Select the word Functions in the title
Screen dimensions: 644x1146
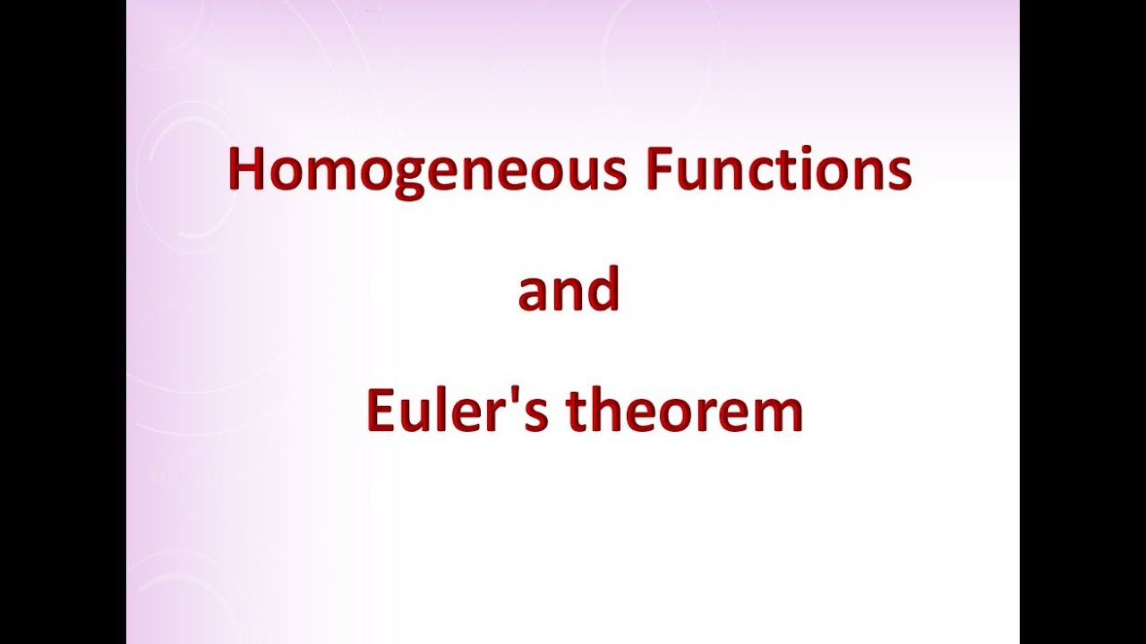(777, 169)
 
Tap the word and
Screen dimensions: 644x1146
(569, 291)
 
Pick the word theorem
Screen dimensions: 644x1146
(685, 411)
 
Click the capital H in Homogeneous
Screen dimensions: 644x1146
(246, 169)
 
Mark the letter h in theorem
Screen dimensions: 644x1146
(608, 411)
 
